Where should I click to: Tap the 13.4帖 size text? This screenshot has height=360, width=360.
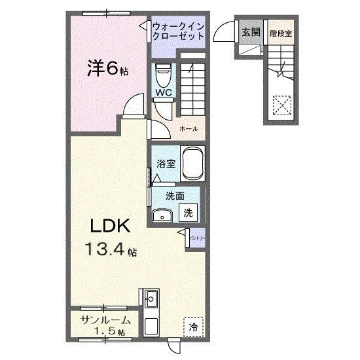tap(109, 249)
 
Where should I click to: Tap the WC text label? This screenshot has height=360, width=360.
tap(164, 93)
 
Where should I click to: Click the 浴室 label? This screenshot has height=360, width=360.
tap(166, 164)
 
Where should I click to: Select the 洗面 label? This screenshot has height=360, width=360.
tap(173, 195)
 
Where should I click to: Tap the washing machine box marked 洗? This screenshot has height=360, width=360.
tap(188, 212)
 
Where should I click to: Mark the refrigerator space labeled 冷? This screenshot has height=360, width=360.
tap(194, 325)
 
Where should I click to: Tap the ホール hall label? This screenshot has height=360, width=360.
tap(189, 129)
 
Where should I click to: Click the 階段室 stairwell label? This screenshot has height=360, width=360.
tap(280, 32)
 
